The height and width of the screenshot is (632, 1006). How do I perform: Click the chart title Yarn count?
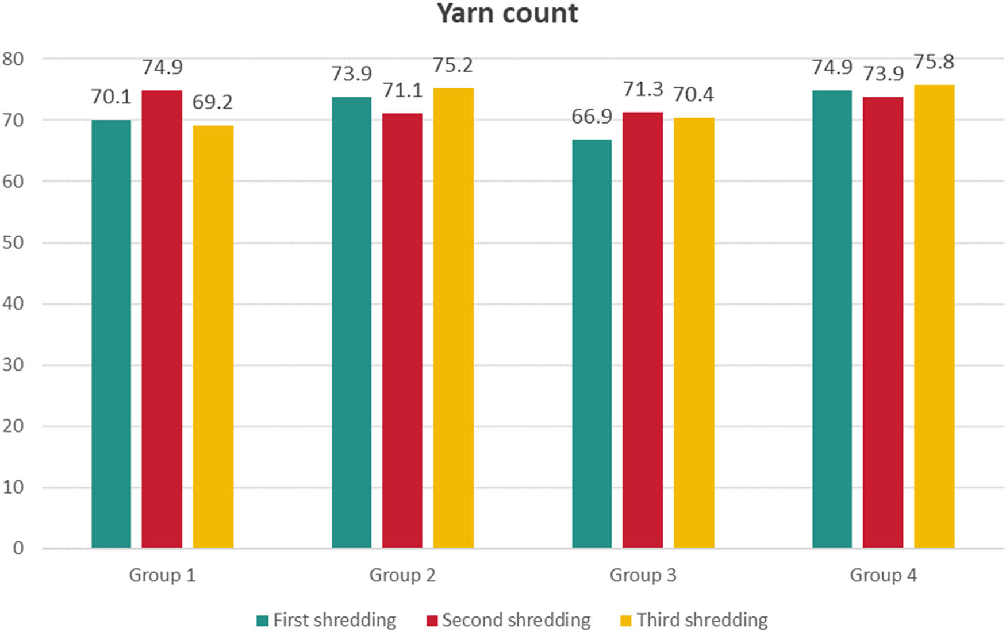(x=507, y=14)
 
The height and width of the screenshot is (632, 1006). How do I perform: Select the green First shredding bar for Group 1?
(x=111, y=333)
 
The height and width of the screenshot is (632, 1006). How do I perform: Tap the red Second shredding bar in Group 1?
(x=162, y=319)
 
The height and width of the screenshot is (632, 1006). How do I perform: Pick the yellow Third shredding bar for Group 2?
(x=453, y=318)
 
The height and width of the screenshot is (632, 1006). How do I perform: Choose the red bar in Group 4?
(x=882, y=322)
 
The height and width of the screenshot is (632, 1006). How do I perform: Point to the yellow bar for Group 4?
(x=934, y=316)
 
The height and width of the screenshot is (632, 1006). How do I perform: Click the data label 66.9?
(x=592, y=117)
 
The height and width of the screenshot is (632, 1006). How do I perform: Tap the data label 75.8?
(x=934, y=62)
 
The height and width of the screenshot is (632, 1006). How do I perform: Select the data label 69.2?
(x=212, y=102)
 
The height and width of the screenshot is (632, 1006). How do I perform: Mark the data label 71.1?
(x=402, y=90)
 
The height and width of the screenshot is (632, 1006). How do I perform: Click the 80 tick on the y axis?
(x=13, y=59)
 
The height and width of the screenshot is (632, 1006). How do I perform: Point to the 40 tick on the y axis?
(x=13, y=303)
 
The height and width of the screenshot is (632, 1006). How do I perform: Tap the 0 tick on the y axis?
(x=18, y=548)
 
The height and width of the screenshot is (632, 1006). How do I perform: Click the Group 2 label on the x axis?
(x=402, y=575)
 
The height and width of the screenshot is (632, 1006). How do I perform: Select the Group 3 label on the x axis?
(x=643, y=575)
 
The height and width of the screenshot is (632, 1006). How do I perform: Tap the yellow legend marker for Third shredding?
(x=626, y=621)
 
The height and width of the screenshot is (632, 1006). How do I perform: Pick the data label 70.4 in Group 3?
(x=693, y=95)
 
